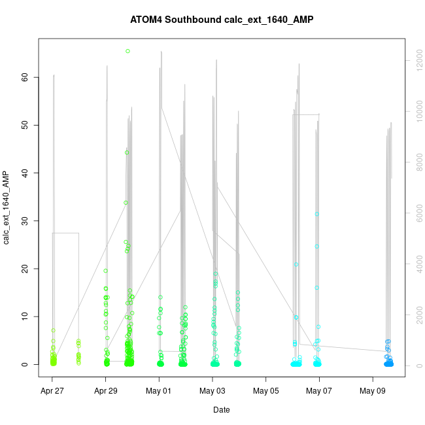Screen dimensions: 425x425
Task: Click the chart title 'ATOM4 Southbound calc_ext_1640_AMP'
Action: tap(222, 20)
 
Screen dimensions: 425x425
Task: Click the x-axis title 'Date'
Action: tap(222, 410)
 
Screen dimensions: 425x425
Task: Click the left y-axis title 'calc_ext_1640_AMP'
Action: tap(7, 208)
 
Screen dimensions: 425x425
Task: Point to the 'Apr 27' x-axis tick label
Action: tap(52, 391)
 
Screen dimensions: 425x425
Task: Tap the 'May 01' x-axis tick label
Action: tap(159, 391)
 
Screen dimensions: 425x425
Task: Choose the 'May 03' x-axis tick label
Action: tap(212, 391)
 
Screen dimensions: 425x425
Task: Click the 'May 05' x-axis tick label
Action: tap(265, 391)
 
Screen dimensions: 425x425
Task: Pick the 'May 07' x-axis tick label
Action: tap(319, 391)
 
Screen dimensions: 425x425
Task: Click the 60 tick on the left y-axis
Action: tap(25, 77)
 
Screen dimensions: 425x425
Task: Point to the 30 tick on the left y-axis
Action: tap(25, 221)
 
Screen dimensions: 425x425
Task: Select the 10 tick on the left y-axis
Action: tap(25, 316)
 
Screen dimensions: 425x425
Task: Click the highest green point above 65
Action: tap(127, 51)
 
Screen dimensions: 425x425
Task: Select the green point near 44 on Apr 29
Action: tap(127, 152)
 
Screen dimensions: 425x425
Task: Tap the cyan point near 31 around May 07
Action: tap(316, 214)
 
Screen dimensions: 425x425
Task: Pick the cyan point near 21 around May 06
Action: tap(296, 265)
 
